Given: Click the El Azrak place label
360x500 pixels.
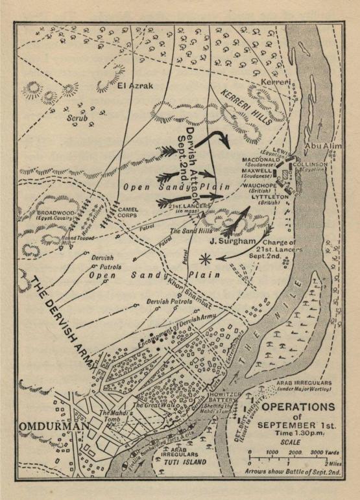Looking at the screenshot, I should (x=135, y=84).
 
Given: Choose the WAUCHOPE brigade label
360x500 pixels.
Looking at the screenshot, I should (x=261, y=185).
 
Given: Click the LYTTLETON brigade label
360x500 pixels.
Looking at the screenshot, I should (x=263, y=197).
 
